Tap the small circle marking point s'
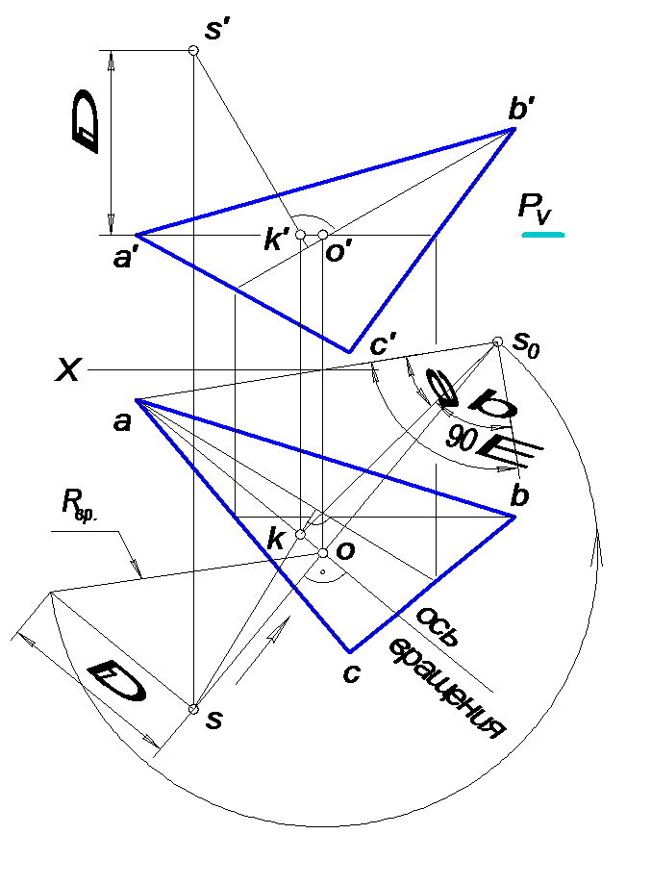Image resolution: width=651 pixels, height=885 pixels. pyautogui.click(x=193, y=49)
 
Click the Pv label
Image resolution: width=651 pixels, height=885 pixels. pyautogui.click(x=539, y=208)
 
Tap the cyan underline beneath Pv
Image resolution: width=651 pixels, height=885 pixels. pyautogui.click(x=542, y=234)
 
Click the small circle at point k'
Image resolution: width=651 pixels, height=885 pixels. pyautogui.click(x=300, y=235)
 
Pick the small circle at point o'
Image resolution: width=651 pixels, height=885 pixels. pyautogui.click(x=323, y=235)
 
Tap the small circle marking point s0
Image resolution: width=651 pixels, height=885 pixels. pyautogui.click(x=497, y=341)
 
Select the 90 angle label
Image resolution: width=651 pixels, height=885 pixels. pyautogui.click(x=462, y=439)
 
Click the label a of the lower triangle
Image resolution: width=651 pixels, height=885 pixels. pyautogui.click(x=123, y=420)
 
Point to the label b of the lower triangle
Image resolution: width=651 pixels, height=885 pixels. pyautogui.click(x=519, y=496)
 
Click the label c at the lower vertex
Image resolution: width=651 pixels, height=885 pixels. pyautogui.click(x=351, y=674)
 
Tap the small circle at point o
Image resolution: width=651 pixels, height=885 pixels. pyautogui.click(x=323, y=553)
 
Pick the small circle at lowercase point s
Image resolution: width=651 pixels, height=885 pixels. pyautogui.click(x=193, y=709)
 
